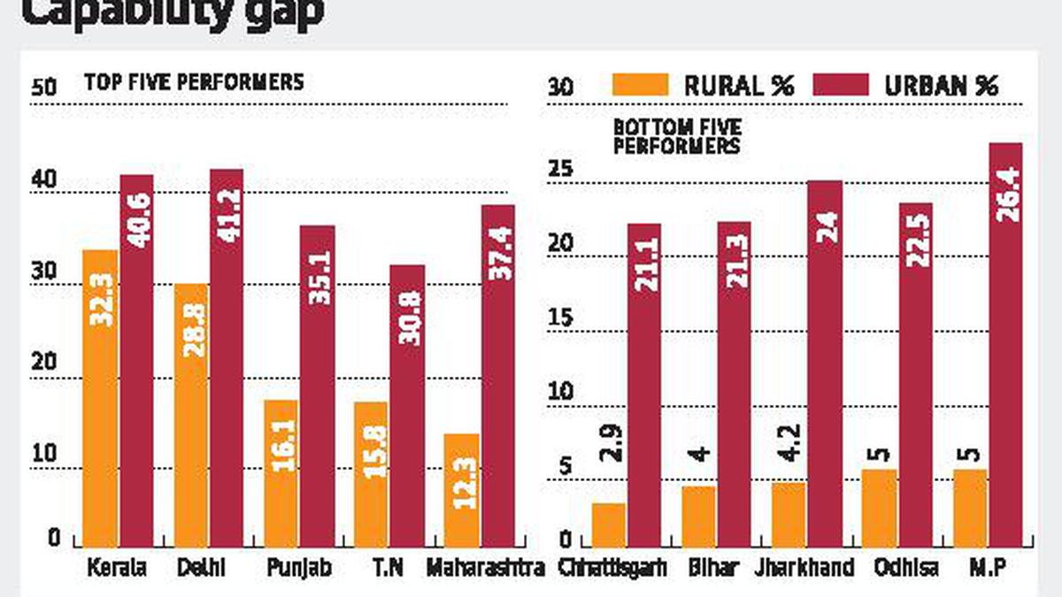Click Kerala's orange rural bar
click(100, 398)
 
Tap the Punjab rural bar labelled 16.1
click(281, 473)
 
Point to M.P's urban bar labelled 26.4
click(1005, 345)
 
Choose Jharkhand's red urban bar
click(825, 364)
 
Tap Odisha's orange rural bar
click(880, 508)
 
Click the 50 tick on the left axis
click(43, 88)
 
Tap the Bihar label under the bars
click(719, 566)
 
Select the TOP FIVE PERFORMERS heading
click(194, 82)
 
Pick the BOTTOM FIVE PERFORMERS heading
click(678, 137)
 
